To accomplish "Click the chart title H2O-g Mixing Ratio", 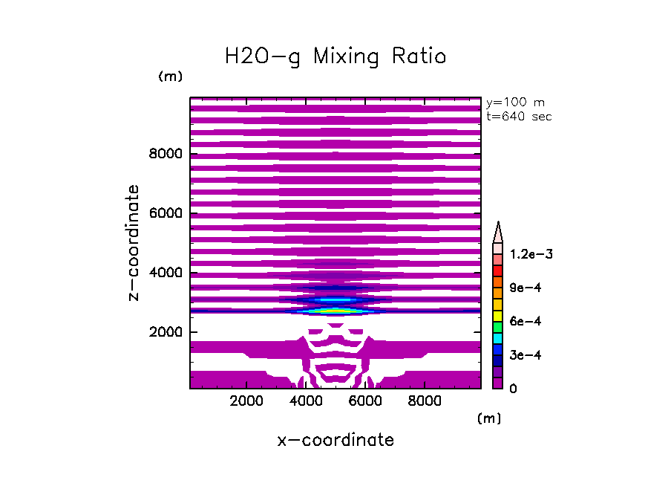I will pos(335,56).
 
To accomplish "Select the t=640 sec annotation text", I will pos(518,116).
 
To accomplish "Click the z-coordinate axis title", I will pos(134,243).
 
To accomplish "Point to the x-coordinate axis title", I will pos(335,440).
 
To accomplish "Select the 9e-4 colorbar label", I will pos(525,288).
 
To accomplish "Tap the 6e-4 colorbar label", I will pos(525,321).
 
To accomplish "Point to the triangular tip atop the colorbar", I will pos(498,231).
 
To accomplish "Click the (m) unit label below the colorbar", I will pos(489,418).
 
